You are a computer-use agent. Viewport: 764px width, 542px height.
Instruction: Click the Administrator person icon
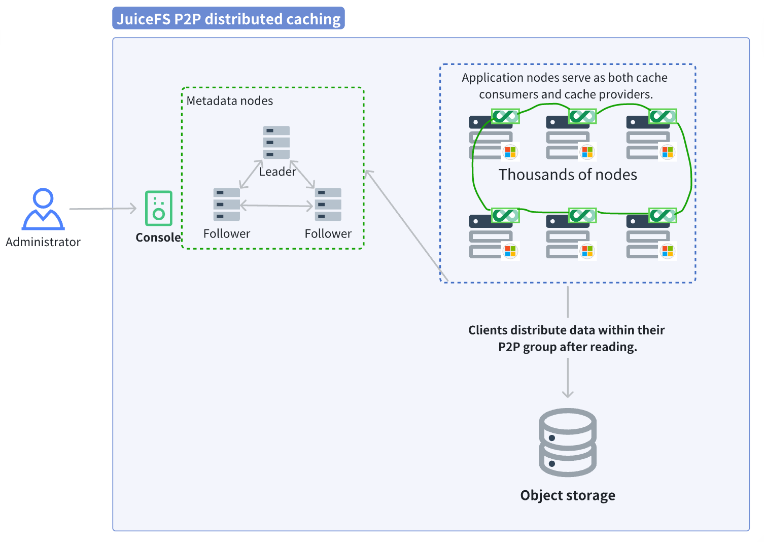click(43, 209)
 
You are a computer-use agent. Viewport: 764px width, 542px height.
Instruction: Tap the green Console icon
click(158, 208)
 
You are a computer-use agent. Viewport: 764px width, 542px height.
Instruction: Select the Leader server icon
click(276, 143)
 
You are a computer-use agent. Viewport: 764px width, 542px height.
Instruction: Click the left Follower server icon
click(226, 205)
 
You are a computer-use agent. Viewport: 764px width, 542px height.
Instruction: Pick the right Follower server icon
click(328, 205)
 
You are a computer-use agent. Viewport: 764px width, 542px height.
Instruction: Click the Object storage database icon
click(567, 442)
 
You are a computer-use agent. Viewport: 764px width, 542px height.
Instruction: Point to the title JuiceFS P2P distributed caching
click(228, 19)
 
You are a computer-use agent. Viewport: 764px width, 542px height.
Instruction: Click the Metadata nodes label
click(229, 101)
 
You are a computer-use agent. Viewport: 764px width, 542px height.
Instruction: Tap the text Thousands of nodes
click(567, 175)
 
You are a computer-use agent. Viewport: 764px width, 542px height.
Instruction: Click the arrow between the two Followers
click(276, 206)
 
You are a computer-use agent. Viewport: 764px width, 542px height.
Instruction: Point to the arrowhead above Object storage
click(568, 393)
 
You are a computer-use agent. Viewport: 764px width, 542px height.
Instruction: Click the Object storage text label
click(567, 495)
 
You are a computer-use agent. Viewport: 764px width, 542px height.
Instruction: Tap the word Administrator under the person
click(43, 242)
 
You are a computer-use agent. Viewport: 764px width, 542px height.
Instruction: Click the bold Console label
click(158, 238)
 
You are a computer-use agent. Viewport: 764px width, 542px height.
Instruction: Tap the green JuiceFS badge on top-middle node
click(582, 116)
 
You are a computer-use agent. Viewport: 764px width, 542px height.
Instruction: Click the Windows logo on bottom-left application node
click(510, 251)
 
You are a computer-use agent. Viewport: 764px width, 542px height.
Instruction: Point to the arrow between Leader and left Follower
click(251, 174)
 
